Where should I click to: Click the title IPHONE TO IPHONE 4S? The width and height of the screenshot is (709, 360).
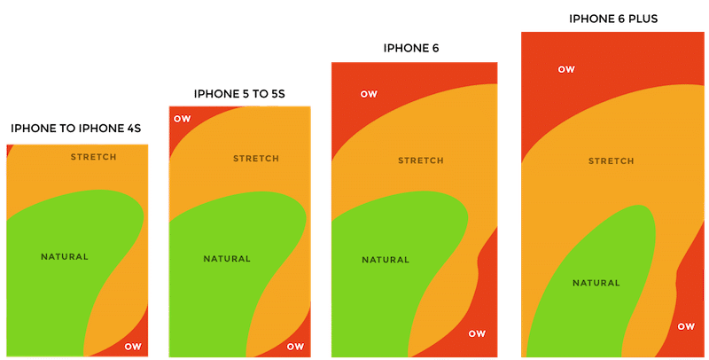pyautogui.click(x=76, y=129)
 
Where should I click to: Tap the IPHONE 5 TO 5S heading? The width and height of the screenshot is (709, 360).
pyautogui.click(x=239, y=93)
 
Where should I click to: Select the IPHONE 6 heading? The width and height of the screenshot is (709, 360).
pyautogui.click(x=411, y=48)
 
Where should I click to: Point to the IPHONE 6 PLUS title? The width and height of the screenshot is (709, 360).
pyautogui.click(x=613, y=18)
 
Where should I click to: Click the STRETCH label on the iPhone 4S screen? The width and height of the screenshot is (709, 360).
pyautogui.click(x=93, y=157)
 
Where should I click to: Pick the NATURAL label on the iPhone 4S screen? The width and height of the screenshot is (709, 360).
pyautogui.click(x=65, y=257)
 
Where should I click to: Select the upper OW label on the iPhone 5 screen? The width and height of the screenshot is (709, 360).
pyautogui.click(x=182, y=119)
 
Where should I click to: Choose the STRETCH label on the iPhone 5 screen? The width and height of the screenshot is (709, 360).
pyautogui.click(x=256, y=159)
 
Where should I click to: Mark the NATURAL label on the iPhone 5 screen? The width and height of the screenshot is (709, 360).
pyautogui.click(x=227, y=259)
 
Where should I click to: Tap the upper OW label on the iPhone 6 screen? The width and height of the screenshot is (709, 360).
pyautogui.click(x=369, y=94)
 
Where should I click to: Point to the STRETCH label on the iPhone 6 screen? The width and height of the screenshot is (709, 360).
pyautogui.click(x=421, y=160)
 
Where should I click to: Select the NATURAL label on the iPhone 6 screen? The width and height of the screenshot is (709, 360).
pyautogui.click(x=386, y=260)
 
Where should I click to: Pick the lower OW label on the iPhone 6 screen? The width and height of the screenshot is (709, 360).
pyautogui.click(x=477, y=333)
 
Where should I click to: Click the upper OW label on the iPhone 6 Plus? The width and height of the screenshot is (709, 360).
pyautogui.click(x=566, y=69)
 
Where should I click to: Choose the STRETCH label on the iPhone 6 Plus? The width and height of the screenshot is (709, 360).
pyautogui.click(x=612, y=161)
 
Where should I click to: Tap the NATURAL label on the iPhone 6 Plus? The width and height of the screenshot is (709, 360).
pyautogui.click(x=596, y=283)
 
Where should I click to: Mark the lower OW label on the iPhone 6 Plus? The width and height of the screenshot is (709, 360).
pyautogui.click(x=686, y=326)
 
